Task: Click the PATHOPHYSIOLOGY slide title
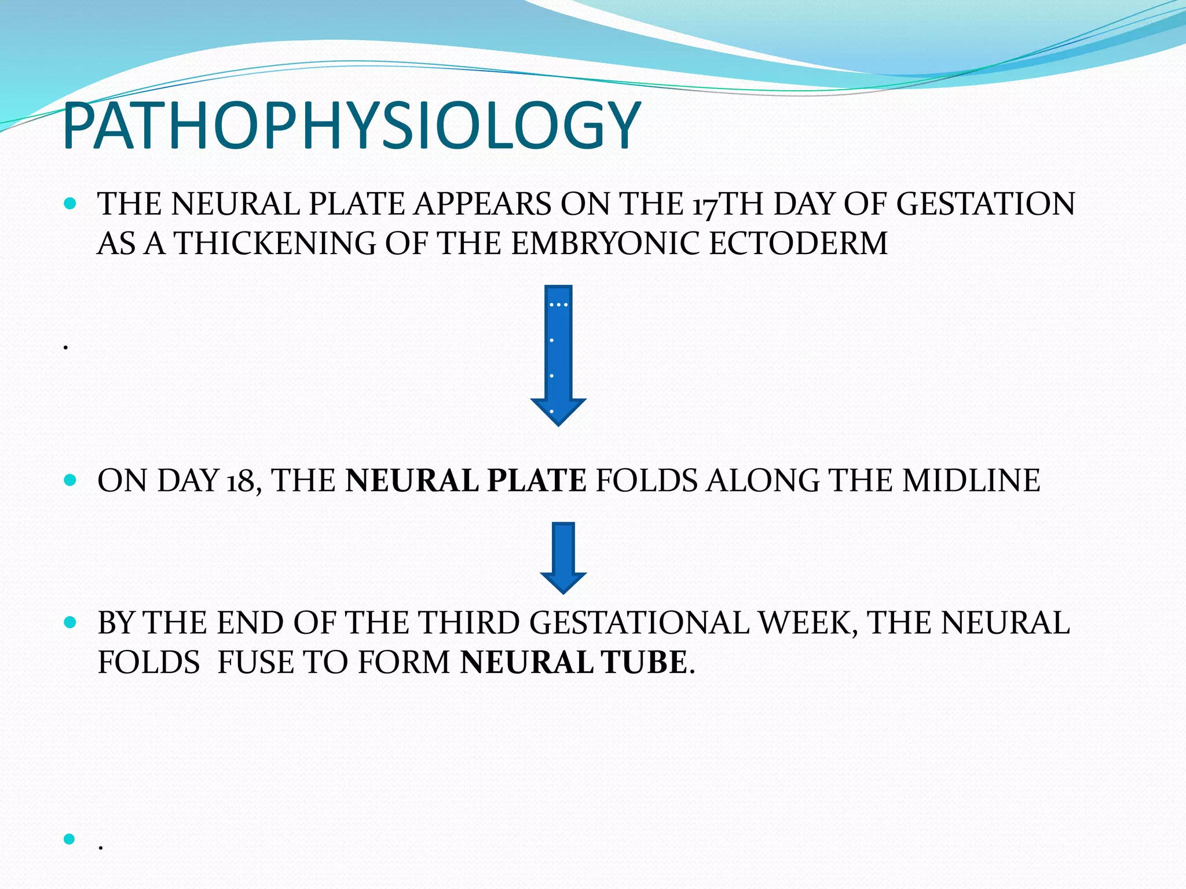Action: pos(352,126)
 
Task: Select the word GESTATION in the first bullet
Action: pos(985,204)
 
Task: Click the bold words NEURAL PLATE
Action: pos(466,481)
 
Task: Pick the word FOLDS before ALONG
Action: pos(646,481)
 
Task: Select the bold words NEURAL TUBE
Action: pos(573,663)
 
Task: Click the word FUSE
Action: pos(255,663)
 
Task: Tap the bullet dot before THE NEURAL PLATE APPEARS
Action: pos(70,204)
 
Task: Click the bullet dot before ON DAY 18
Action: pos(70,480)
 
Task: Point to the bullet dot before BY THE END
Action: pos(70,623)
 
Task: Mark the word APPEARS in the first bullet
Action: pos(482,204)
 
